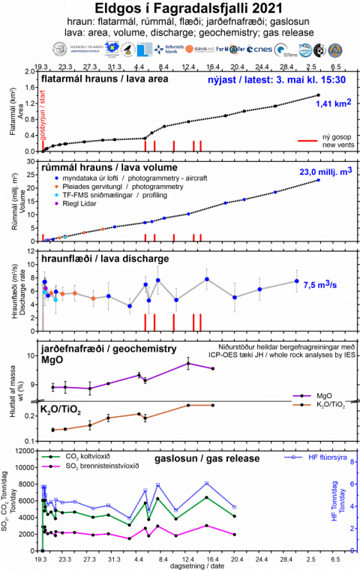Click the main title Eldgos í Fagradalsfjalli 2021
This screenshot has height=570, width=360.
coord(181,8)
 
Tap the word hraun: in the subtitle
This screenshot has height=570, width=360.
coord(81,21)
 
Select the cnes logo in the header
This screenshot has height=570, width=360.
coord(260,49)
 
